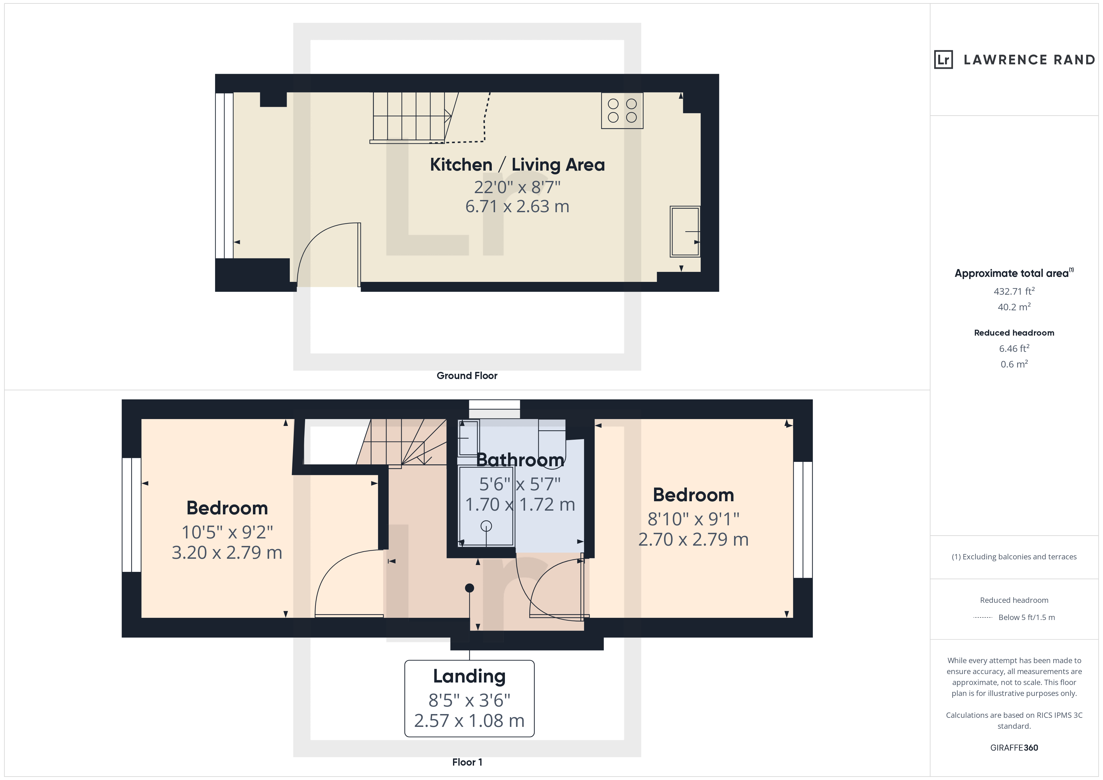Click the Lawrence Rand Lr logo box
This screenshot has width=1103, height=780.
pyautogui.click(x=943, y=60)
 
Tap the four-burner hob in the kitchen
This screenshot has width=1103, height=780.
pyautogui.click(x=622, y=110)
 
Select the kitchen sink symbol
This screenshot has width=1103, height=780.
pyautogui.click(x=685, y=232)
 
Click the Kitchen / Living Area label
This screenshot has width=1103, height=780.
pyautogui.click(x=517, y=165)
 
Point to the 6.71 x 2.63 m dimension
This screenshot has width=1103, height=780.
pyautogui.click(x=517, y=207)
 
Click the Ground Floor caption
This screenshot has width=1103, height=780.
pyautogui.click(x=467, y=376)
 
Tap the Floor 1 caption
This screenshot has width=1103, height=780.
pyautogui.click(x=467, y=762)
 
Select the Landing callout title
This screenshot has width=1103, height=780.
pyautogui.click(x=469, y=676)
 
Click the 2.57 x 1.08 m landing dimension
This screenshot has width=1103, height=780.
pyautogui.click(x=469, y=721)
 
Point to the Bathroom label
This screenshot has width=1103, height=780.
pyautogui.click(x=520, y=460)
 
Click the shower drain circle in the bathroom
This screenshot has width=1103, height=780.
pyautogui.click(x=486, y=526)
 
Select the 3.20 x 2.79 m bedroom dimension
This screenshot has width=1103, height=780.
pyautogui.click(x=227, y=553)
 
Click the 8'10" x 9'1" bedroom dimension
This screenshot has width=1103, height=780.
pyautogui.click(x=693, y=519)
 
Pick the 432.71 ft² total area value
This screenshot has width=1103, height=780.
pyautogui.click(x=1014, y=291)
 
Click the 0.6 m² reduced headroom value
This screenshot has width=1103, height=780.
pyautogui.click(x=1014, y=364)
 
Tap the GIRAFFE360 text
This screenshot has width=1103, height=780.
pyautogui.click(x=1014, y=748)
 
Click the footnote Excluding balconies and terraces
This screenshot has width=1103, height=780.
pyautogui.click(x=1014, y=557)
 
